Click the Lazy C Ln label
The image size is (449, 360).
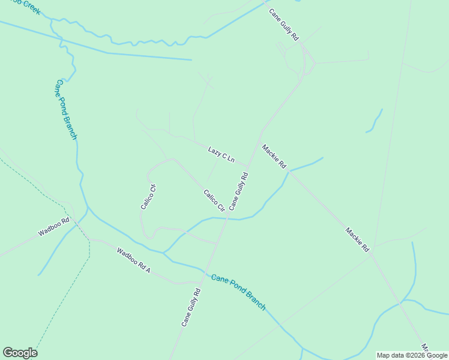point(220,154)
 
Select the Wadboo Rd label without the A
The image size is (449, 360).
point(54,227)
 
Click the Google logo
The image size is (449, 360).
point(20,353)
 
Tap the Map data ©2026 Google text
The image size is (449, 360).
point(412,355)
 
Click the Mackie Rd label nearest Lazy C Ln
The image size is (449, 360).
point(274,157)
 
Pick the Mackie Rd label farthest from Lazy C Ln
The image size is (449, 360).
point(357,239)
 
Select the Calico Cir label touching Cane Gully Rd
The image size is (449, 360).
point(214,200)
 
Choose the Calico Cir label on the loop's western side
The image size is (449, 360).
point(148,196)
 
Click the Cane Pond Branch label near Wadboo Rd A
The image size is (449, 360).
point(238,292)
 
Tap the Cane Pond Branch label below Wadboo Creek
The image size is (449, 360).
point(66,110)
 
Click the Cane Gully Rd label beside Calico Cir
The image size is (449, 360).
point(238,191)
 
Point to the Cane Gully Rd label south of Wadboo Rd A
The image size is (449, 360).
point(190,307)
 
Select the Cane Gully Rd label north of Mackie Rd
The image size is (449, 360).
point(283,25)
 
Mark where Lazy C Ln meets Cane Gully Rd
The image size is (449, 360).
point(247,166)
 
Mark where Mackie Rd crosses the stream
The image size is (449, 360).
point(289,172)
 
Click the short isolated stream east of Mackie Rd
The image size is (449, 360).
point(375,122)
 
